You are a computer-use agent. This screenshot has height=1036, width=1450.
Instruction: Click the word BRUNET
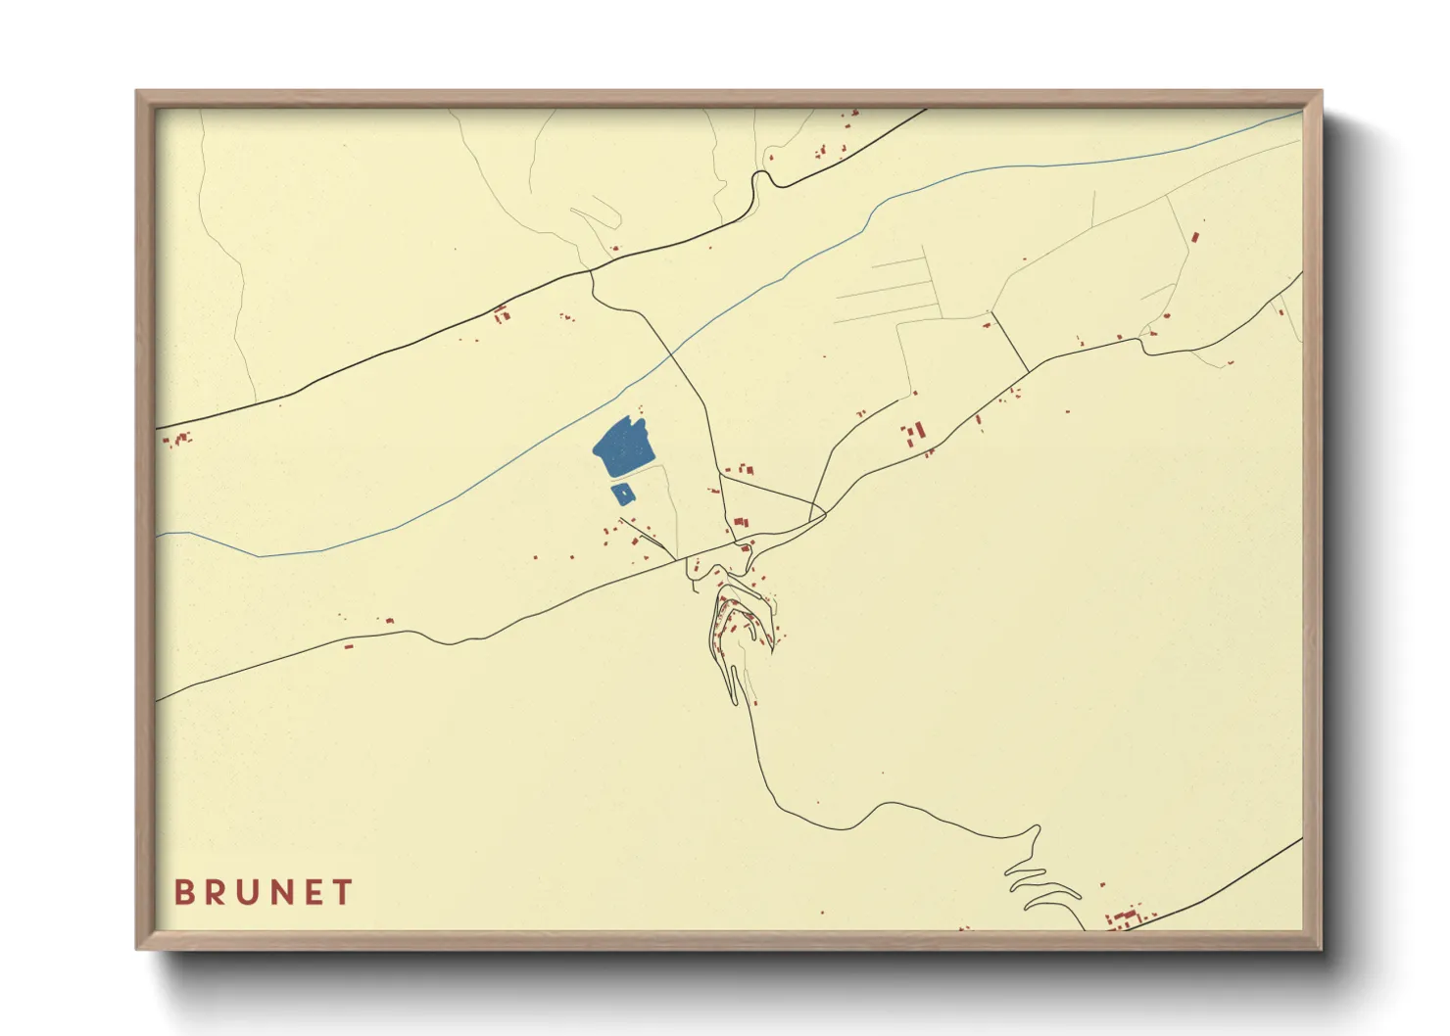(264, 892)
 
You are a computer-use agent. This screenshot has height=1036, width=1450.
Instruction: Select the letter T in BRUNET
(343, 892)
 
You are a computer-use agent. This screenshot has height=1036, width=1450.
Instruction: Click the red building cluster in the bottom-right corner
(1127, 918)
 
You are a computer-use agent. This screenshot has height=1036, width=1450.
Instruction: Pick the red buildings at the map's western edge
(176, 440)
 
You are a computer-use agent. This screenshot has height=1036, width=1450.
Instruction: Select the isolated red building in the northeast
(1195, 237)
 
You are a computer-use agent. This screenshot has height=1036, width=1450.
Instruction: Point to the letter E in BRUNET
(313, 892)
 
